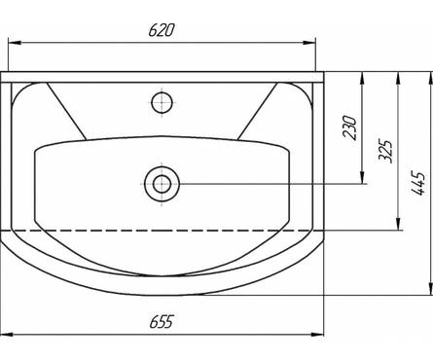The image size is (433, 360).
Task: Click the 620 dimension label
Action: [162, 30]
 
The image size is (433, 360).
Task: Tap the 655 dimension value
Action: [162, 321]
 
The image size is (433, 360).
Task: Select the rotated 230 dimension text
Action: [349, 127]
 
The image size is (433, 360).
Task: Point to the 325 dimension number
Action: [386, 151]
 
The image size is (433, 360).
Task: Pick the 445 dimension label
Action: [418, 183]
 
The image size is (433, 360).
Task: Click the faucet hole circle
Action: [162, 102]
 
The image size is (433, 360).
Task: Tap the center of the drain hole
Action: [162, 184]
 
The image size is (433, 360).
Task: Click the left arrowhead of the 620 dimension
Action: [15, 43]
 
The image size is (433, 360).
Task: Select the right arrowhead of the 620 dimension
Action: [309, 43]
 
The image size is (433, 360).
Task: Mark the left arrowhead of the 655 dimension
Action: [7, 334]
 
